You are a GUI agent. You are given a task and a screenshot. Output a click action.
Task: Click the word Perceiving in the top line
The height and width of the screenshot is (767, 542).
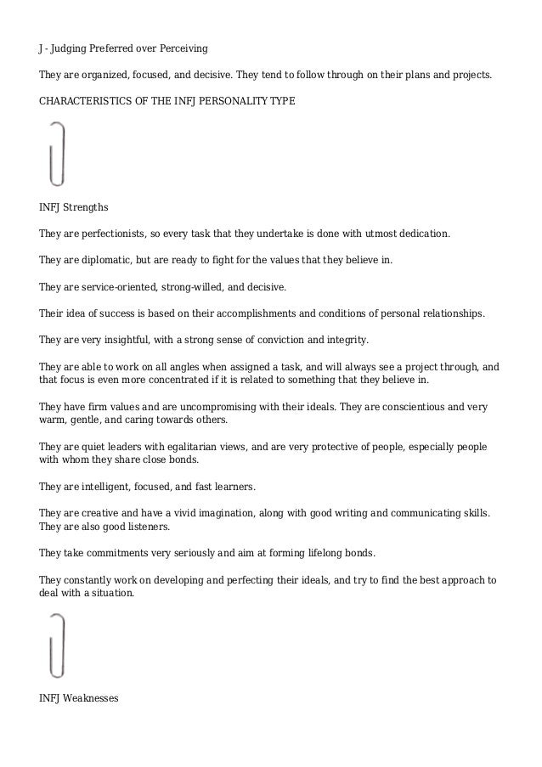182,45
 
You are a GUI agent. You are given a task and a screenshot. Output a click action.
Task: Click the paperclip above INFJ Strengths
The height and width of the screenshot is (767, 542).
55,154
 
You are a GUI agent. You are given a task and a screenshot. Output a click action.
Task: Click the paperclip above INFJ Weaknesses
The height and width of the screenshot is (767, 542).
55,645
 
